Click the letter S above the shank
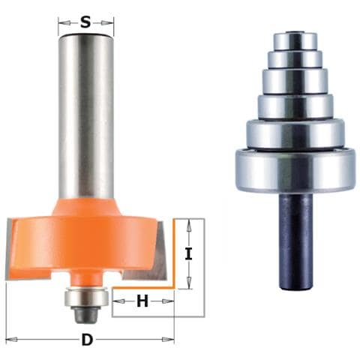click(x=85, y=23)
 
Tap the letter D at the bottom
click(x=87, y=340)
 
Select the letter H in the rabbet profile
click(x=142, y=301)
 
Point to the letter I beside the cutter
click(x=189, y=253)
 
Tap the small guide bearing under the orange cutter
click(x=86, y=297)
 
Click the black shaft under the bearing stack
click(x=295, y=241)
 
